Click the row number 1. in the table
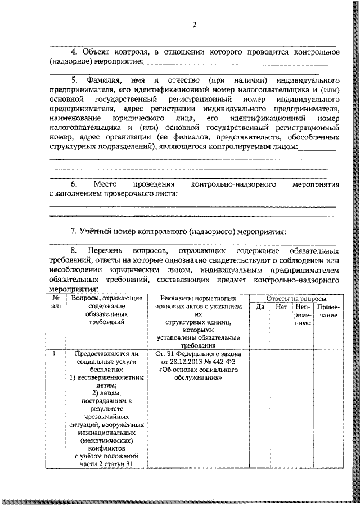(x=55, y=354)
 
